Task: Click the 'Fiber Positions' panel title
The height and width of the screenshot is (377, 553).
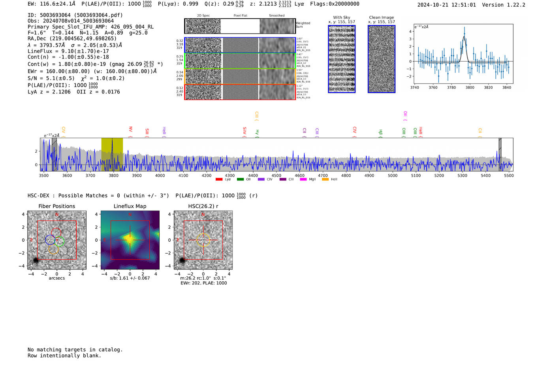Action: pyautogui.click(x=56, y=206)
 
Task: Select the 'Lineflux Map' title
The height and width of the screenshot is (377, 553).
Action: pyautogui.click(x=130, y=206)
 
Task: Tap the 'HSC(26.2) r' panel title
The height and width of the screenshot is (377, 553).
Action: pyautogui.click(x=203, y=206)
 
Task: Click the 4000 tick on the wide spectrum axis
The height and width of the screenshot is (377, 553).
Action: pyautogui.click(x=160, y=175)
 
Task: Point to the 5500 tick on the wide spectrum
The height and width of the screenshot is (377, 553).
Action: pyautogui.click(x=509, y=175)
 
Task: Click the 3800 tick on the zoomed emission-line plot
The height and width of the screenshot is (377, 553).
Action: pyautogui.click(x=470, y=87)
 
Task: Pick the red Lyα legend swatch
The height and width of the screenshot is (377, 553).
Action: pyautogui.click(x=219, y=180)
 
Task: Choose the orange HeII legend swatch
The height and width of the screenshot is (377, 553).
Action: pyautogui.click(x=325, y=180)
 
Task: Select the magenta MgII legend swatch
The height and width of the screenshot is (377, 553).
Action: pyautogui.click(x=303, y=180)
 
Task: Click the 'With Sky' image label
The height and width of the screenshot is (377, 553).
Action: pyautogui.click(x=342, y=17)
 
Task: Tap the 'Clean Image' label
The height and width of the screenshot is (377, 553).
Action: pyautogui.click(x=382, y=17)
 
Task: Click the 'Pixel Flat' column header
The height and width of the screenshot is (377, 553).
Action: pyautogui.click(x=240, y=16)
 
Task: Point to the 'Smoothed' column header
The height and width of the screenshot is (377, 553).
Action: pyautogui.click(x=276, y=16)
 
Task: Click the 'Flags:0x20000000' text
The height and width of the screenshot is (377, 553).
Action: pyautogui.click(x=335, y=4)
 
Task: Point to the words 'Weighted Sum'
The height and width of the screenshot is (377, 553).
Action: pyautogui.click(x=303, y=25)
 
